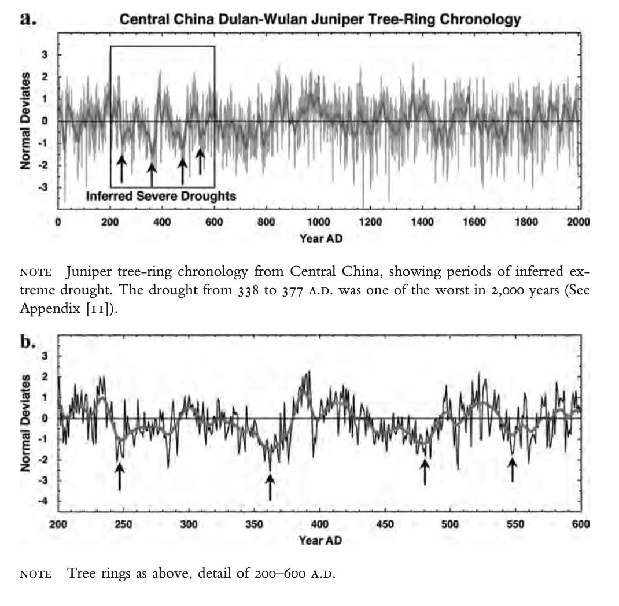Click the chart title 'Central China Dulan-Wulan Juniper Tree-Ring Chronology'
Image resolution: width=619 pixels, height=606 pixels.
pos(320,19)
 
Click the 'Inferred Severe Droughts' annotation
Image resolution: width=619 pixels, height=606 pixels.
pos(161,197)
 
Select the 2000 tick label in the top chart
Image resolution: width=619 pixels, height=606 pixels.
pos(579,221)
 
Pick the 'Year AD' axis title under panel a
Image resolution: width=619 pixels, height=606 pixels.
pos(320,238)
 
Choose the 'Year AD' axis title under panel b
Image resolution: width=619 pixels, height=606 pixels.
pos(320,540)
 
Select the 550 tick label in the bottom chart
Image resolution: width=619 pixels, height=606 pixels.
pos(515,524)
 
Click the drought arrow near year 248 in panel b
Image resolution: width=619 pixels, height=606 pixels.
pos(119,477)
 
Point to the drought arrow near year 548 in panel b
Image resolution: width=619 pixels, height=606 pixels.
pos(512,470)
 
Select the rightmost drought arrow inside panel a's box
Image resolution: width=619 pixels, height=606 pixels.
pos(200,161)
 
